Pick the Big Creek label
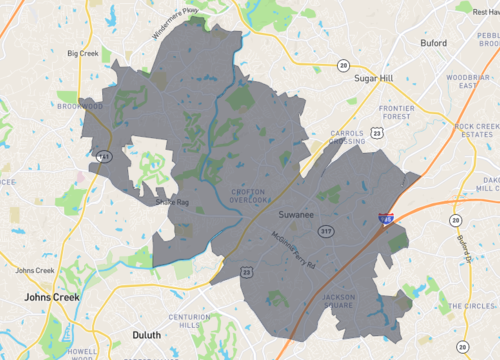tap(84, 53)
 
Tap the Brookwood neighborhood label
tap(80, 105)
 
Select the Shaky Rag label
tap(172, 204)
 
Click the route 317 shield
tap(325, 231)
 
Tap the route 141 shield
tap(103, 156)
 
